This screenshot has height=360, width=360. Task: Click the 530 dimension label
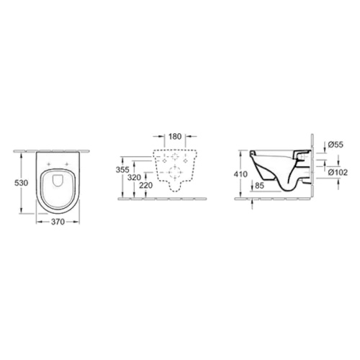point(22,183)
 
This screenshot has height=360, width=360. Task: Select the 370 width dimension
point(58,222)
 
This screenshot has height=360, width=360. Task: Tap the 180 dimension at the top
point(175,136)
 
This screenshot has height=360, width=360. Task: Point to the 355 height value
point(122,170)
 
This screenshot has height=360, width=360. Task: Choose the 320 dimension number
point(134,178)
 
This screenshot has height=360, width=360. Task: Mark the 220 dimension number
point(146,185)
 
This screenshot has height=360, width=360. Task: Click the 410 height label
point(240,174)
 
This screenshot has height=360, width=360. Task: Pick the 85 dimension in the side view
point(259,185)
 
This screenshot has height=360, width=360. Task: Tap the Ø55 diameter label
point(336,145)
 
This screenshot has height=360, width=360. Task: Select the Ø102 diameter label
point(338,172)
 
